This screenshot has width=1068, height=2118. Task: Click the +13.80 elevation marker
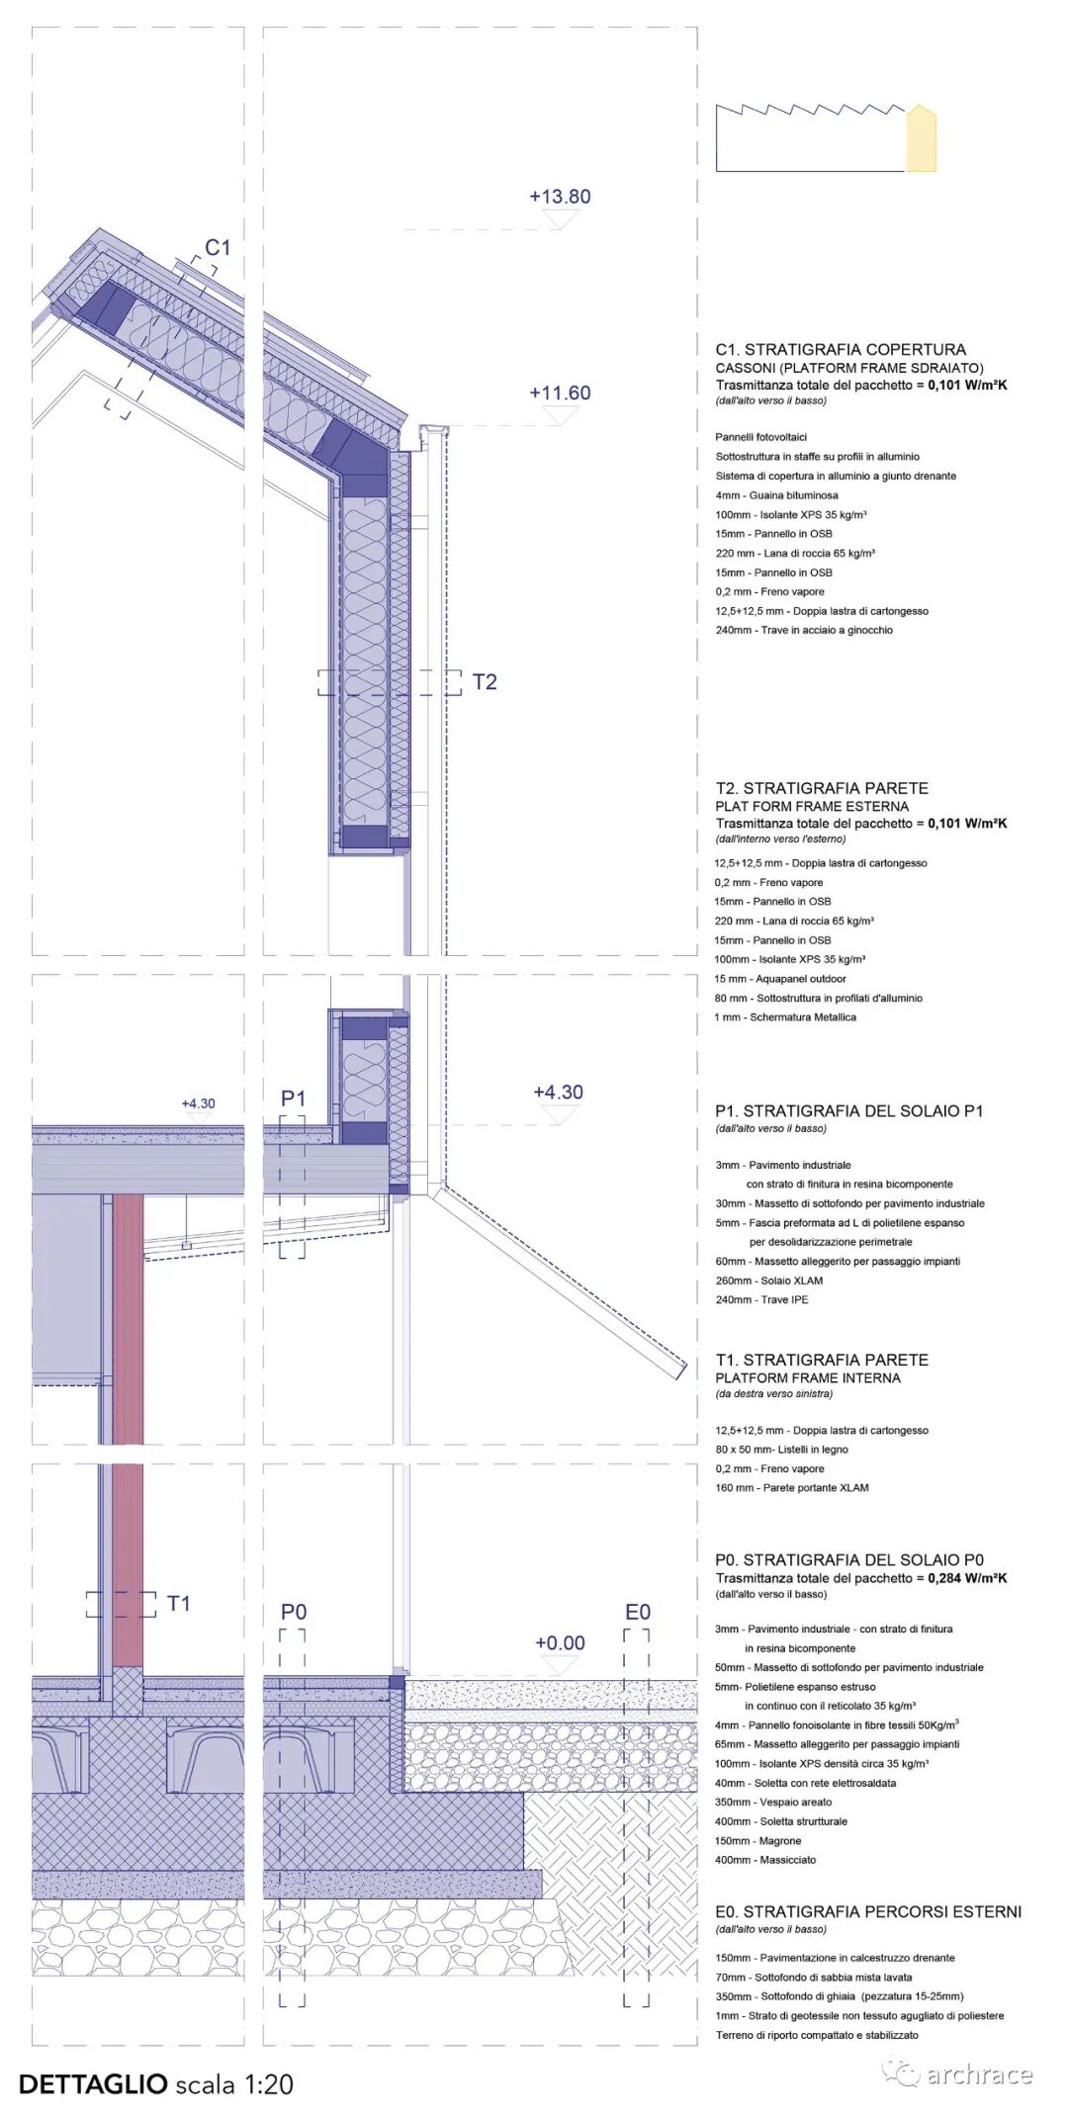pyautogui.click(x=560, y=197)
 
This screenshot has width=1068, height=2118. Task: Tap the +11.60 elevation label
pyautogui.click(x=560, y=393)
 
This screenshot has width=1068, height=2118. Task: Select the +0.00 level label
pyautogui.click(x=560, y=1642)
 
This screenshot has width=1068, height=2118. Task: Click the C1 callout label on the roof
pyautogui.click(x=217, y=248)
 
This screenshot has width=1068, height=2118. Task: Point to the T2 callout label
pyautogui.click(x=485, y=682)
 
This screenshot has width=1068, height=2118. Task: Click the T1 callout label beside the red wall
pyautogui.click(x=179, y=1603)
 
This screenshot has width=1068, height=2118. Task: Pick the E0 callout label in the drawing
pyautogui.click(x=638, y=1612)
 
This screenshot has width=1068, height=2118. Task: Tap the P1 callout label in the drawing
pyautogui.click(x=294, y=1099)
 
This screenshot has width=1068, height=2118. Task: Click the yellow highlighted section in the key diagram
pyautogui.click(x=921, y=140)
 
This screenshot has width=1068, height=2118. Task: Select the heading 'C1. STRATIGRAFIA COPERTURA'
pyautogui.click(x=841, y=349)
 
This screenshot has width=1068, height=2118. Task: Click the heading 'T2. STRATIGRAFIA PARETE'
pyautogui.click(x=822, y=788)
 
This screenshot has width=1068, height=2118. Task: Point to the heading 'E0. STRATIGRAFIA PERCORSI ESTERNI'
pyautogui.click(x=868, y=1911)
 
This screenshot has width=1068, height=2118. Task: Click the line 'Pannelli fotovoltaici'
pyautogui.click(x=761, y=437)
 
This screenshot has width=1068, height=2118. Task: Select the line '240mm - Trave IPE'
pyautogui.click(x=761, y=1299)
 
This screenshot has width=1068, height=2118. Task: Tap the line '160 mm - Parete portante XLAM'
pyautogui.click(x=792, y=1487)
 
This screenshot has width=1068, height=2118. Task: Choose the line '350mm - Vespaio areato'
pyautogui.click(x=773, y=1802)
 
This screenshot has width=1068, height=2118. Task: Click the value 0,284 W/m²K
pyautogui.click(x=967, y=1578)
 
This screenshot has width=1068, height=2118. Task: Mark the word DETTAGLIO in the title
pyautogui.click(x=93, y=2083)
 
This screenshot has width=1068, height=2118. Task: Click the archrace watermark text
pyautogui.click(x=979, y=2074)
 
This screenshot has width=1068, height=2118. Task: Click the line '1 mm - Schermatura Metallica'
pyautogui.click(x=785, y=1016)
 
